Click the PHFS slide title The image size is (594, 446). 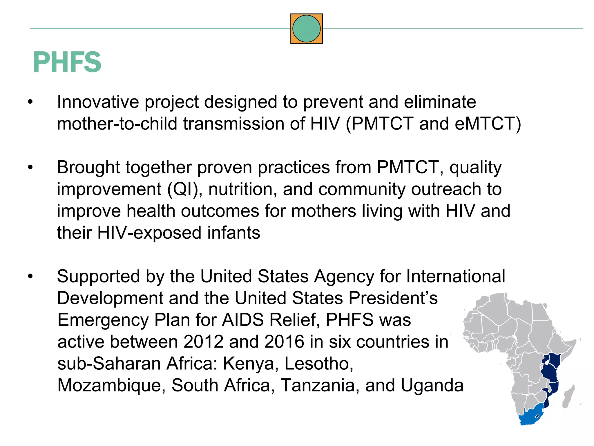point(67,62)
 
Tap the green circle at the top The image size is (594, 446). point(306,29)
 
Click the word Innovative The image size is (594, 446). point(98,102)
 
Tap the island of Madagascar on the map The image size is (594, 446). point(568,396)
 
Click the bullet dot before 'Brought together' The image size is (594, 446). point(30,167)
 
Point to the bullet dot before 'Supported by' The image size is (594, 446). point(30,276)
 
